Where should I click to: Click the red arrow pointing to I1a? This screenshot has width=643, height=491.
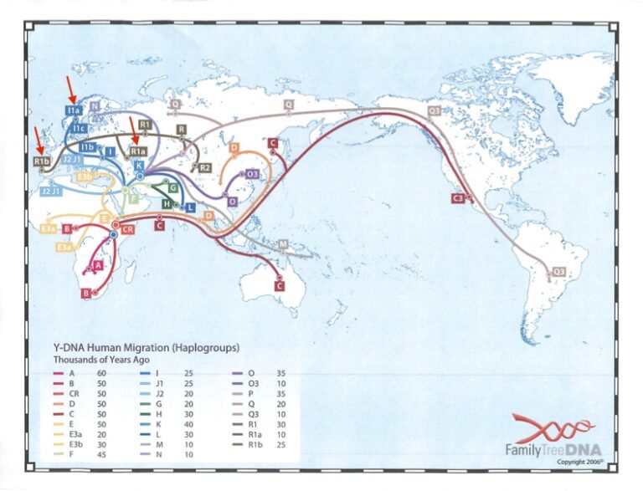click(x=72, y=90)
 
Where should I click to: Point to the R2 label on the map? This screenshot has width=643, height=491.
click(x=204, y=167)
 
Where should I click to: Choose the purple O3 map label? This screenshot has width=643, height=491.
click(x=252, y=174)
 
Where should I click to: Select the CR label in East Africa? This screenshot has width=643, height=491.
click(x=128, y=228)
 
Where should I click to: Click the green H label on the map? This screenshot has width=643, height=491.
click(x=167, y=204)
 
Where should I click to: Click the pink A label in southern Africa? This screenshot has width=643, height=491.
click(x=99, y=264)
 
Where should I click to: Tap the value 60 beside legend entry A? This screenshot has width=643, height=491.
click(x=104, y=372)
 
